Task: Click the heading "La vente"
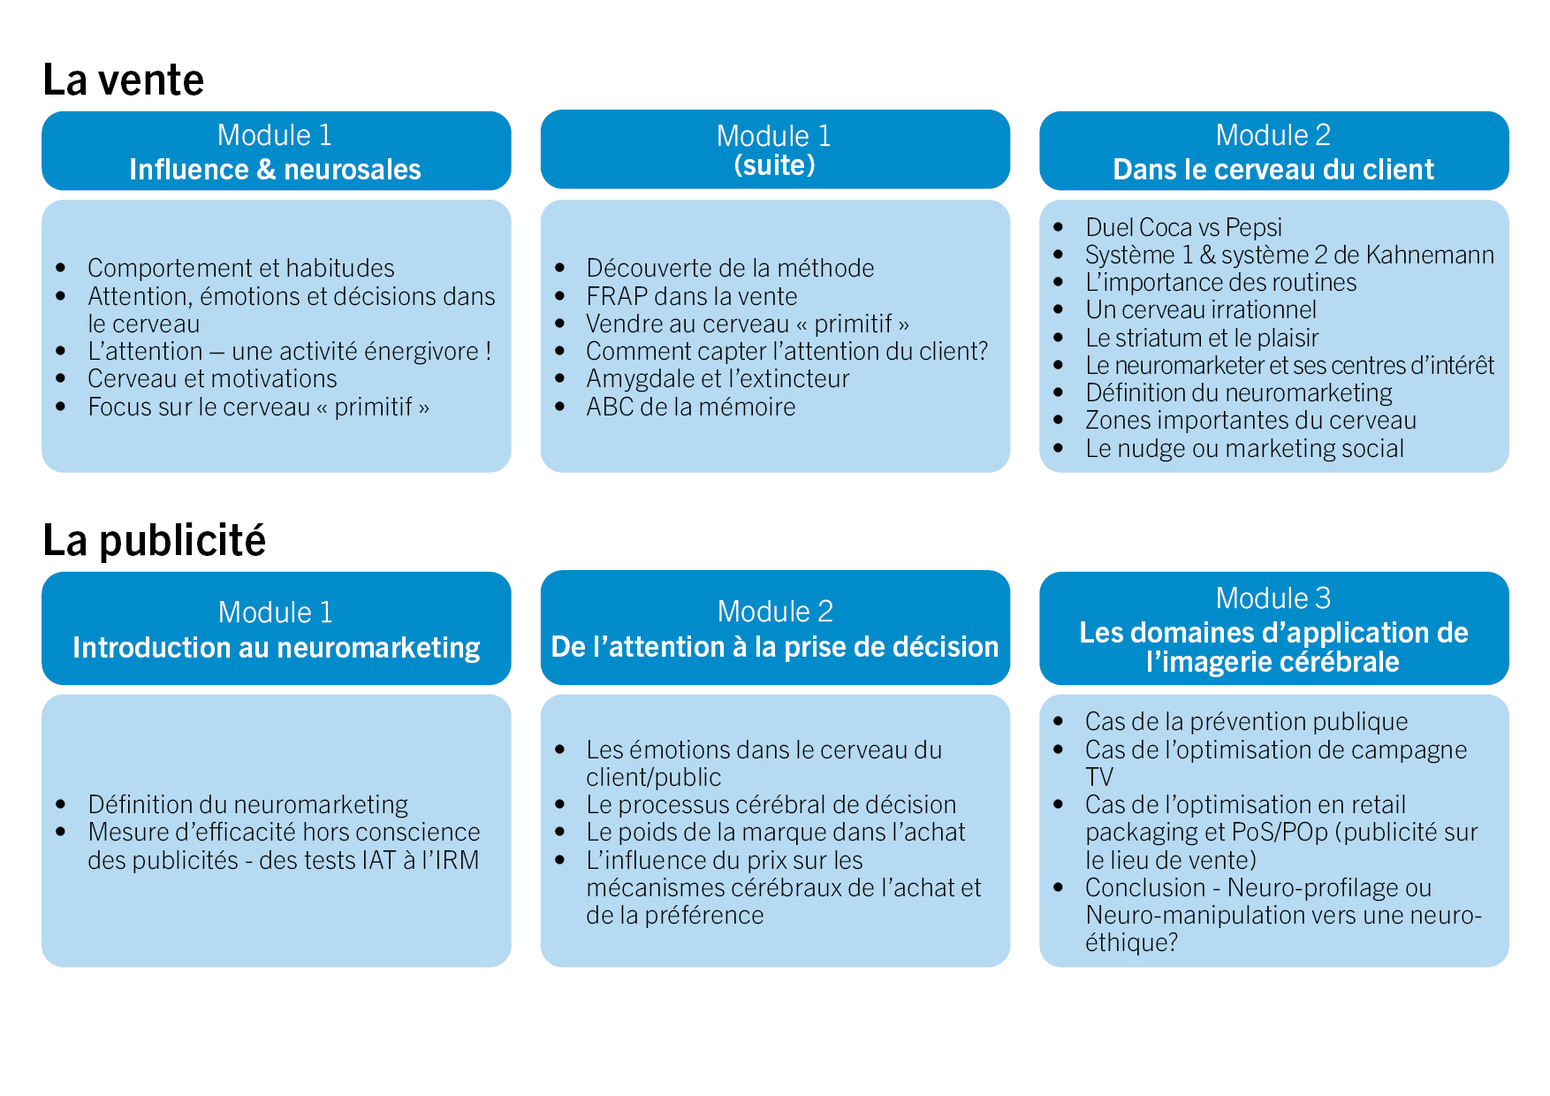(x=124, y=80)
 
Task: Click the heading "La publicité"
(x=155, y=541)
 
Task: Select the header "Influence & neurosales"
(x=276, y=170)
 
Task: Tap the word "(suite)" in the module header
(x=775, y=165)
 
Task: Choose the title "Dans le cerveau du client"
(x=1273, y=170)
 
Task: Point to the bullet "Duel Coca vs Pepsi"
(x=1183, y=227)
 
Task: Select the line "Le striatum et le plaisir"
(x=1202, y=338)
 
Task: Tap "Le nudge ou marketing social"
(x=1244, y=448)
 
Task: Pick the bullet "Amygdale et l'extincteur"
(x=718, y=378)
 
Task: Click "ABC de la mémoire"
(x=691, y=407)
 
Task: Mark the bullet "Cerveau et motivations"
(x=212, y=378)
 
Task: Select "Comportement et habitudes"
(x=241, y=268)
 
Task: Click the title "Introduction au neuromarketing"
(x=277, y=648)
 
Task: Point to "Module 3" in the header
(x=1273, y=598)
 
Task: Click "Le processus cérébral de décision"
(x=771, y=804)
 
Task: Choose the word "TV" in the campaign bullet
(x=1099, y=777)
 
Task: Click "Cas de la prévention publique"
(x=1246, y=721)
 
